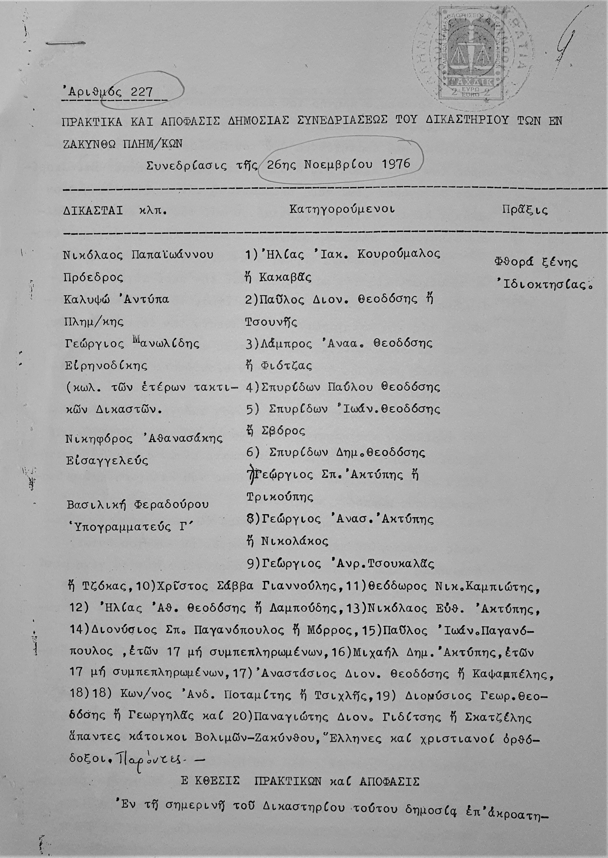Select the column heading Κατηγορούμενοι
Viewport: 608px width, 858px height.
tap(342, 209)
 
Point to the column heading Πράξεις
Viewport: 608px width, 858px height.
tap(525, 210)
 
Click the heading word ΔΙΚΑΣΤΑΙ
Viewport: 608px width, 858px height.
tap(93, 210)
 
